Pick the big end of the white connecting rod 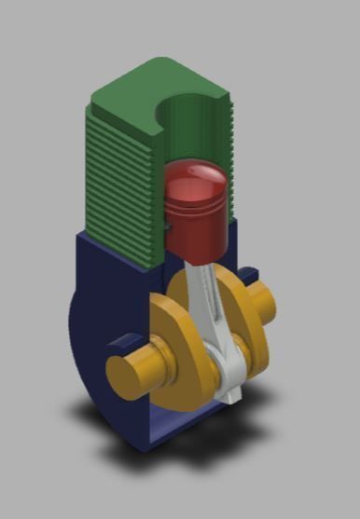pos(228,377)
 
